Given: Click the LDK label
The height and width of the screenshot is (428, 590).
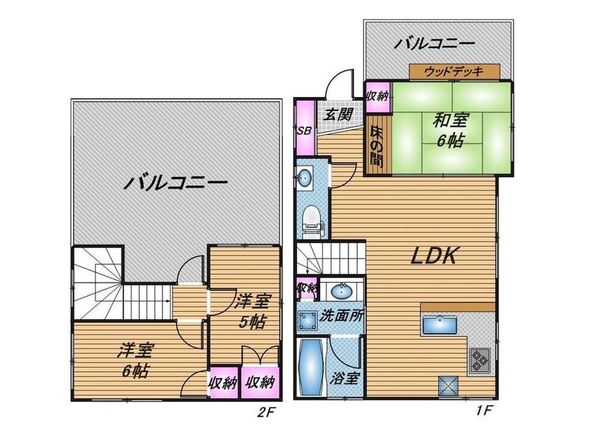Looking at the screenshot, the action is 433,256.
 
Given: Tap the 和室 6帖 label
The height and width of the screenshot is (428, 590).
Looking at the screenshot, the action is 450,131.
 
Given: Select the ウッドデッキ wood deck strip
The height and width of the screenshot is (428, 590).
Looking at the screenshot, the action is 454,72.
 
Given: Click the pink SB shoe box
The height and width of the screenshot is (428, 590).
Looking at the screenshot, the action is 305,128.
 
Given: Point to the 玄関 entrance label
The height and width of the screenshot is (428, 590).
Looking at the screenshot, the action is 339,114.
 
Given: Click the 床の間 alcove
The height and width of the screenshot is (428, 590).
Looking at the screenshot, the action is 377,145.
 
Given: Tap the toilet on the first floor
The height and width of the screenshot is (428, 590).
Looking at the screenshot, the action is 312,221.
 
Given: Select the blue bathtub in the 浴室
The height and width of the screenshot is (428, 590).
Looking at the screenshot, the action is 310,368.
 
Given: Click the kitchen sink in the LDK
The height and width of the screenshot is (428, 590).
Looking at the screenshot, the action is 440,325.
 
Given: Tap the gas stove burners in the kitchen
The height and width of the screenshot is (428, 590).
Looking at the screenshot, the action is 480,361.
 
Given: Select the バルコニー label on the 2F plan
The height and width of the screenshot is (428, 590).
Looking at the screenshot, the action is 176,183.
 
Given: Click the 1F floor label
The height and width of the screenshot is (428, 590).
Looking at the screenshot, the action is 483,410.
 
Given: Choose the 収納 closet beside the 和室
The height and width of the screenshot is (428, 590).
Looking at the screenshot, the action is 378,97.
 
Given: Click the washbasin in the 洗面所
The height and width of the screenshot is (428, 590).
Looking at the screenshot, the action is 341,290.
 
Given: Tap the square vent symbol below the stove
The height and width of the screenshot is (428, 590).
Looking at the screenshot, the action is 449,385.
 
